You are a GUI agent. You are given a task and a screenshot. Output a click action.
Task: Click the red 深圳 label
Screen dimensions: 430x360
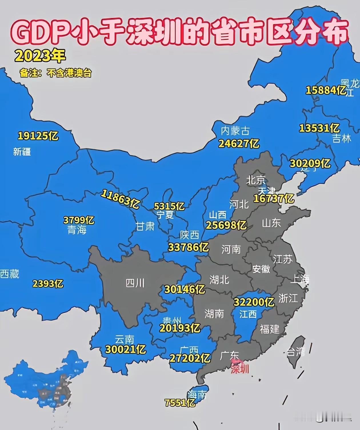tap(240, 369)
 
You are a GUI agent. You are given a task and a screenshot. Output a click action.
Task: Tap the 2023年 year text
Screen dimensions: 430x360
tap(40, 56)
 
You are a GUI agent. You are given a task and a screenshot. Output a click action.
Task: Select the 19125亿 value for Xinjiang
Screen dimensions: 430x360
tap(38, 136)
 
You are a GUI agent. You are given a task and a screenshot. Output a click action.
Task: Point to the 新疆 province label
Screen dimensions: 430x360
tap(22, 152)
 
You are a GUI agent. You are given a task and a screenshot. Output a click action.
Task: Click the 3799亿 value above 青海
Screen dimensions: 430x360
tap(79, 220)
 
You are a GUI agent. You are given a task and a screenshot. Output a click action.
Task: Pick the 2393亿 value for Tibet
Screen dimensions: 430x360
tap(48, 284)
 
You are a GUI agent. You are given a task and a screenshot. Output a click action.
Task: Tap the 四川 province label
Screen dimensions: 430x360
tap(135, 283)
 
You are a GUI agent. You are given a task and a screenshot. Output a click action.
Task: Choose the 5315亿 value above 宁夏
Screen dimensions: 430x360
tap(169, 206)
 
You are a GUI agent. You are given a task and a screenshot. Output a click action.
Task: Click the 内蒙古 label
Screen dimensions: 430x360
tap(235, 131)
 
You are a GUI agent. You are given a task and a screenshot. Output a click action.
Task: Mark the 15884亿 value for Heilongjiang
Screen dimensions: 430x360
tap(326, 90)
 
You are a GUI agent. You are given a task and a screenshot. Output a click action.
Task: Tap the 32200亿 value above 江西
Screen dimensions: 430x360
tap(254, 302)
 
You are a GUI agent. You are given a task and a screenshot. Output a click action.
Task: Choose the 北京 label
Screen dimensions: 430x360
tap(256, 180)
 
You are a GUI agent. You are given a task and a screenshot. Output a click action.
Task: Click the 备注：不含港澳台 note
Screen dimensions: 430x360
tap(56, 73)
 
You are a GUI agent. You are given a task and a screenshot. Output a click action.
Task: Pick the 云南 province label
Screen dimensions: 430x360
tap(125, 340)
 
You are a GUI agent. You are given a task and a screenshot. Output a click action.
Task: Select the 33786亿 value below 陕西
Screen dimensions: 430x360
tap(188, 247)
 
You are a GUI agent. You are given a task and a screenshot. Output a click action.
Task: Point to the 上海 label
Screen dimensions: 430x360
tap(300, 279)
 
